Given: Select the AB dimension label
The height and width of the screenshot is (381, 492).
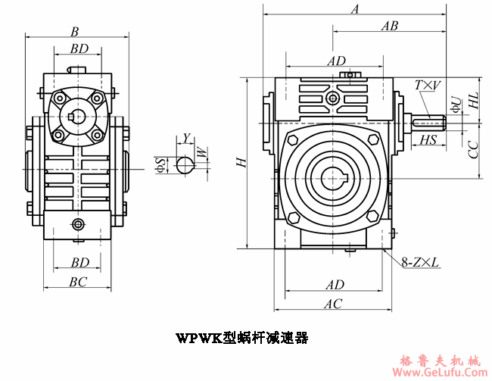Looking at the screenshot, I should pyautogui.click(x=390, y=25).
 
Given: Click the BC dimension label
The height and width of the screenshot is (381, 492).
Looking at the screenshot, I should pyautogui.click(x=78, y=281).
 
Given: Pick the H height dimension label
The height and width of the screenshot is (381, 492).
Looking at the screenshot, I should pyautogui.click(x=239, y=163).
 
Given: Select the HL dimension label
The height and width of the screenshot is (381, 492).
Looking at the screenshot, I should pyautogui.click(x=473, y=99).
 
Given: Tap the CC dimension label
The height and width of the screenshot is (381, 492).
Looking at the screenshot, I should pyautogui.click(x=473, y=149).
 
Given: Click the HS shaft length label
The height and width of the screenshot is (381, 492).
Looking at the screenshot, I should pyautogui.click(x=428, y=139).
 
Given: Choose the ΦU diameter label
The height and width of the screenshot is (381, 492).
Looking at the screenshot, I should pyautogui.click(x=455, y=104).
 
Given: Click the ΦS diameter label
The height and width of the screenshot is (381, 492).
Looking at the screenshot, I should pyautogui.click(x=160, y=164).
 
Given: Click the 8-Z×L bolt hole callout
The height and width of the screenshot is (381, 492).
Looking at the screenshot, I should pyautogui.click(x=420, y=263).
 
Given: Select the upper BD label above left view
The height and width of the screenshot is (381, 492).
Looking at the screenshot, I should pyautogui.click(x=79, y=48).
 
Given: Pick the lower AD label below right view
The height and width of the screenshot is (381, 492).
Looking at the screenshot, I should pyautogui.click(x=335, y=285).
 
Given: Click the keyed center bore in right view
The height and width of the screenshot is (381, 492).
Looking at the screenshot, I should pyautogui.click(x=333, y=178).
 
